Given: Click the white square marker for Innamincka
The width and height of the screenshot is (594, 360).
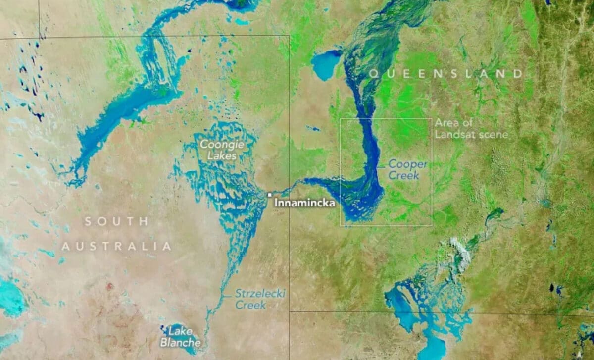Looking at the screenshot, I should click(270, 195).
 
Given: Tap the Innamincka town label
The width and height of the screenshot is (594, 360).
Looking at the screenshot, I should click(304, 203).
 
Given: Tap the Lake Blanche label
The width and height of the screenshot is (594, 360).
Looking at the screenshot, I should click(181, 337).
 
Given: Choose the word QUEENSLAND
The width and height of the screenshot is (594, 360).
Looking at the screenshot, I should click(445, 74).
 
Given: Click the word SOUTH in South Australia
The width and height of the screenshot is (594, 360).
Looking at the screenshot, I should click(116, 221).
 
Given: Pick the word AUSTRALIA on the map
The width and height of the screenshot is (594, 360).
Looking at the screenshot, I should click(116, 246).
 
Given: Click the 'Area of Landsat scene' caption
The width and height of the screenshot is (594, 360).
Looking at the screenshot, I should click(470, 128).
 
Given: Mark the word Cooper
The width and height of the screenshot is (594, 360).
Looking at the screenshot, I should click(407, 163).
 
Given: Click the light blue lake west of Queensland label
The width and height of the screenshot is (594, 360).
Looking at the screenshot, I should click(325, 65).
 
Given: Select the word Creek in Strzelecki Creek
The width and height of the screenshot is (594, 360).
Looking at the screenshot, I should click(250, 305).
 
